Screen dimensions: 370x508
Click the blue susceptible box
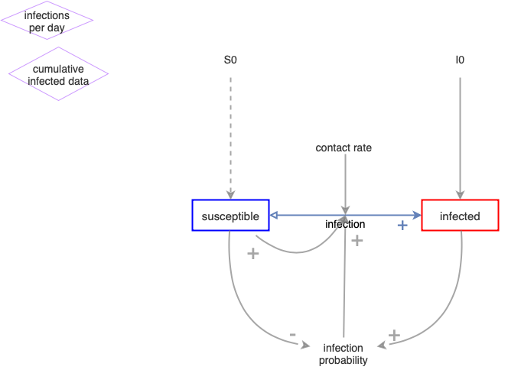(230, 216)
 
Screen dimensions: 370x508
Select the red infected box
(459, 216)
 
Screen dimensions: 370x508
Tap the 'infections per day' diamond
(47, 21)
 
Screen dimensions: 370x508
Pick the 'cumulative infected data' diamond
(58, 74)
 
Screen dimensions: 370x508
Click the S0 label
(230, 59)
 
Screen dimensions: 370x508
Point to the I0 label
(459, 59)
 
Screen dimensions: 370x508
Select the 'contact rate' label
(344, 148)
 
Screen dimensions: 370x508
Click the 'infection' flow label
(345, 224)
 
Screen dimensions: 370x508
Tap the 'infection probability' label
(344, 354)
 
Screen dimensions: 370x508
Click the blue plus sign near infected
(402, 226)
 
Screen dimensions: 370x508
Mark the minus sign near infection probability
(293, 335)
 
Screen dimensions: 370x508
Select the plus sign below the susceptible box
(253, 253)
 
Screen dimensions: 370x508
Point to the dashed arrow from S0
(230, 130)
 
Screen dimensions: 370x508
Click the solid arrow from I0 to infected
(459, 130)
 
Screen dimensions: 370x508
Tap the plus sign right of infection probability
(394, 335)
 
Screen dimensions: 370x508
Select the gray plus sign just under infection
(357, 240)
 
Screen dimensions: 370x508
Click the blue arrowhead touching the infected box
(417, 216)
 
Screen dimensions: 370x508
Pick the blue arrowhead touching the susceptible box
(274, 216)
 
